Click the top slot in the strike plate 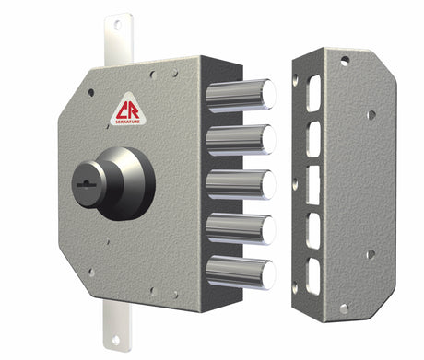[x=313, y=93]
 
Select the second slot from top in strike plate [x=313, y=137]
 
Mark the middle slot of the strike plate [x=313, y=183]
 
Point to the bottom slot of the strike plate [x=313, y=273]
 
